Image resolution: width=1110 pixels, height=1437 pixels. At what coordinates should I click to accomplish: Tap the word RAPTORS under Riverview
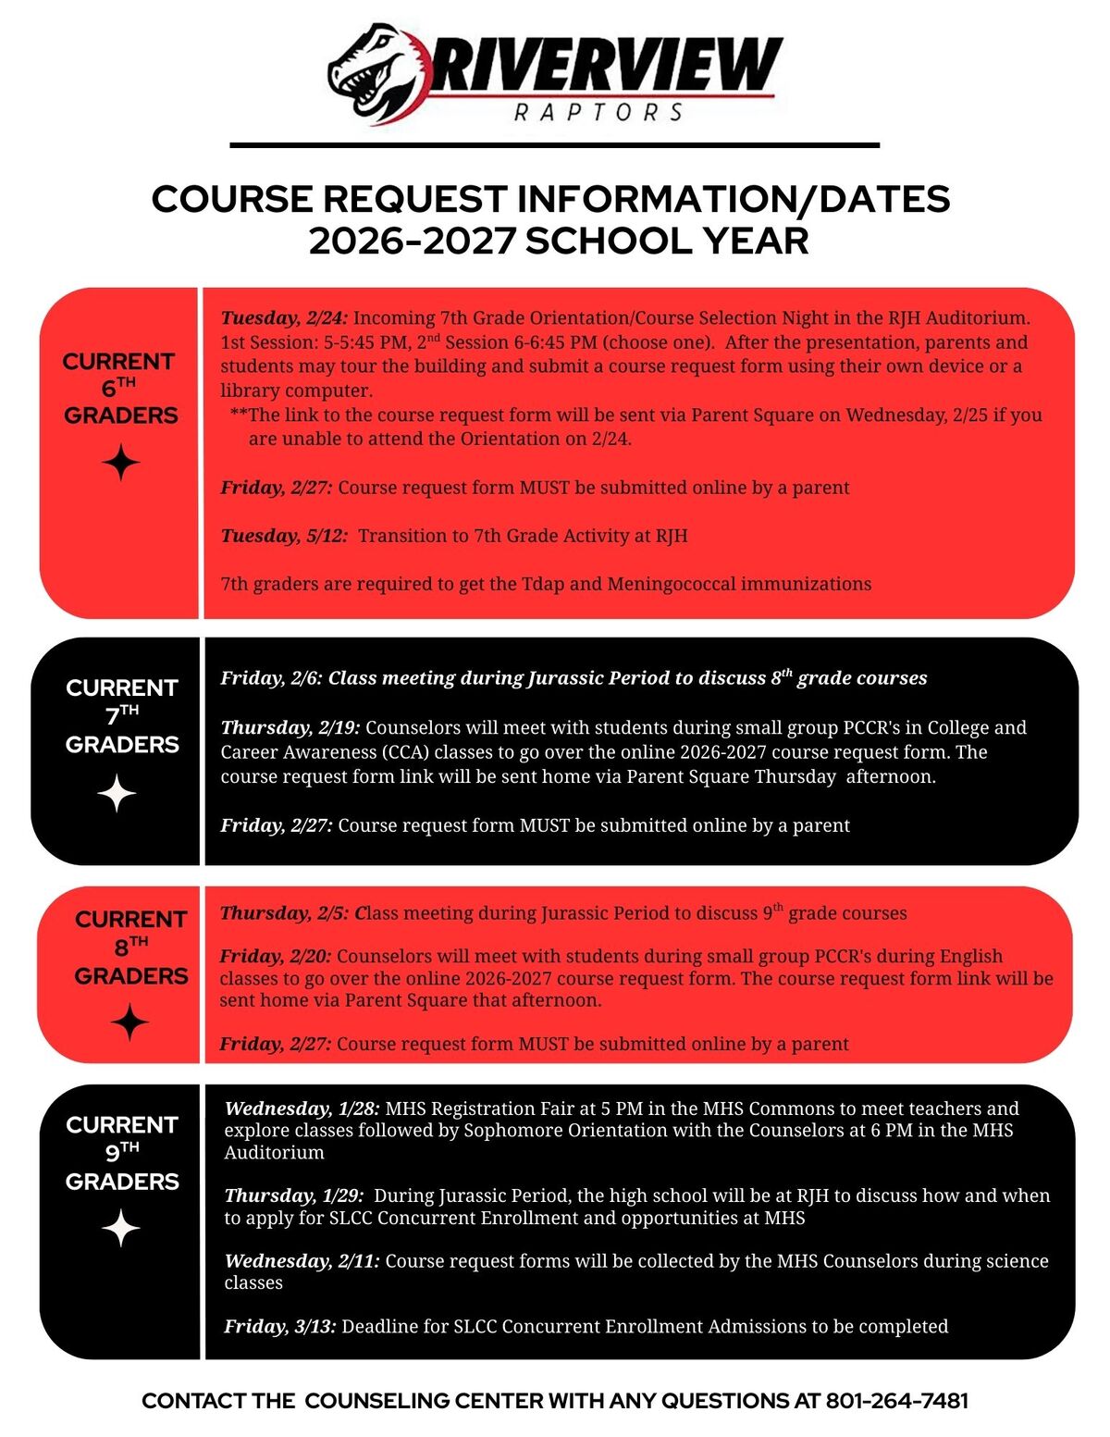click(x=598, y=113)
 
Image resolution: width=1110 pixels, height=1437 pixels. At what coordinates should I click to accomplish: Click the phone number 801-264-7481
click(x=896, y=1401)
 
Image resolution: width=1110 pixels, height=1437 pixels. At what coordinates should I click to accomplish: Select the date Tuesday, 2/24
click(x=284, y=317)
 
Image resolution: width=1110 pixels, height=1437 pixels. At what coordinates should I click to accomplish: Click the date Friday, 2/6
click(x=271, y=678)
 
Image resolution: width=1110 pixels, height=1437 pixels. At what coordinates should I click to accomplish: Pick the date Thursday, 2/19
click(x=290, y=727)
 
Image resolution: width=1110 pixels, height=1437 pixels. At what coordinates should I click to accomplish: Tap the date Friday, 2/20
click(x=275, y=956)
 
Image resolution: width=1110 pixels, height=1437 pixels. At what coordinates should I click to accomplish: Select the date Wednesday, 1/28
click(x=302, y=1109)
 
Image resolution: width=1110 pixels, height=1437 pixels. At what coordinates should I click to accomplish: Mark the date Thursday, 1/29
click(x=294, y=1195)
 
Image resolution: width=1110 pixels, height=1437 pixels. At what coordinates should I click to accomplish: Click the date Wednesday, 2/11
click(x=302, y=1260)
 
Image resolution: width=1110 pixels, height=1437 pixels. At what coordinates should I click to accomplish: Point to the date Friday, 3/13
click(x=280, y=1326)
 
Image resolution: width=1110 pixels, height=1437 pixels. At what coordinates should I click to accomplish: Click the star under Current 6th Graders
click(x=120, y=462)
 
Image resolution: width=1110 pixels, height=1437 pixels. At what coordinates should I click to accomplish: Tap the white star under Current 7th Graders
click(x=117, y=794)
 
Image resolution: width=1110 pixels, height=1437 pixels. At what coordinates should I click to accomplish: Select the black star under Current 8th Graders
click(x=129, y=1023)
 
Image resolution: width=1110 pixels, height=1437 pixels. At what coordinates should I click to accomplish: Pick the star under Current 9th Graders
click(x=120, y=1229)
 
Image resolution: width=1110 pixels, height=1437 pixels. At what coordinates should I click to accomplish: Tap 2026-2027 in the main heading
click(x=412, y=242)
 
